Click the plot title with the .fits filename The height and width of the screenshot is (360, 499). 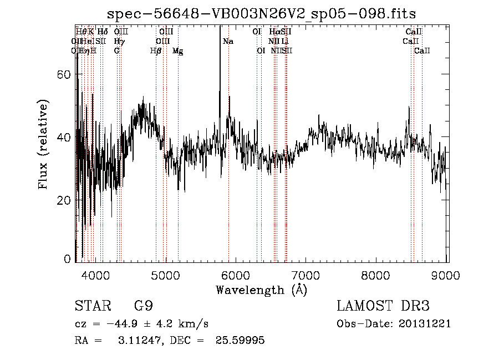click(x=262, y=13)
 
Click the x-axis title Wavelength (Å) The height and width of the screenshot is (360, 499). click(x=261, y=290)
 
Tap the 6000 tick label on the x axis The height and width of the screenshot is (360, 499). click(x=236, y=276)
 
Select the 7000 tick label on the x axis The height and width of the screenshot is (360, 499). click(x=307, y=276)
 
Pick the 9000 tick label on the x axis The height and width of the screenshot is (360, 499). click(x=447, y=276)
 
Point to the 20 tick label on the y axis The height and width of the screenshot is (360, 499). click(x=65, y=200)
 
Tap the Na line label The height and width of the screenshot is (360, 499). click(x=228, y=42)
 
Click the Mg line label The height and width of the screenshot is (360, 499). click(x=177, y=51)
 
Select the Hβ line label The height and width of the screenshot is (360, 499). click(x=156, y=51)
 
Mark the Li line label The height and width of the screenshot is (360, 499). click(x=284, y=42)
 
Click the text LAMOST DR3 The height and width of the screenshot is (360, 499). click(x=383, y=307)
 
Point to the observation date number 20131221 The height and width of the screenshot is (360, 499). click(x=424, y=324)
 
